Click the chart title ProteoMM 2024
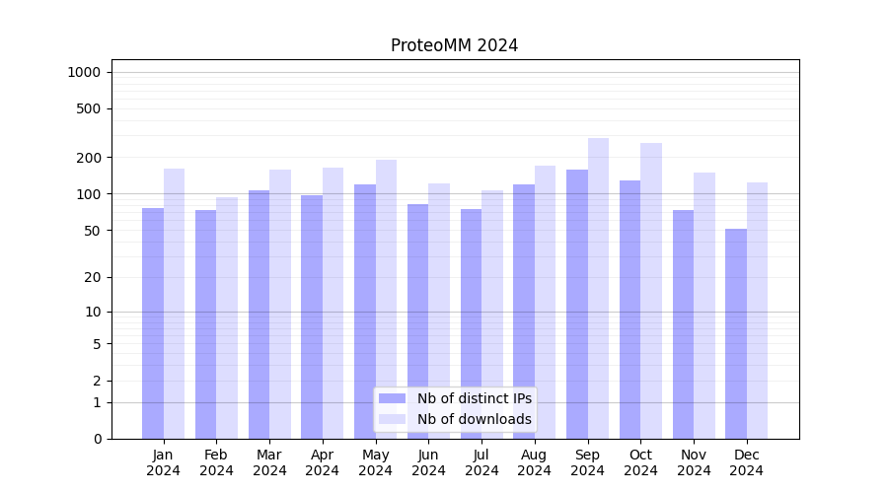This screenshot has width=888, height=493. click(x=454, y=45)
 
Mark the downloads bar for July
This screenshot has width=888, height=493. click(x=492, y=315)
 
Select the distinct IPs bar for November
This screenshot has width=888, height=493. click(x=683, y=324)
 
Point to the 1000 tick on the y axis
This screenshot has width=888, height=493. click(x=84, y=72)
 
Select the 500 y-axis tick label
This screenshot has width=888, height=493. click(x=88, y=108)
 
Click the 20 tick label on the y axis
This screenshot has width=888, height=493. click(x=92, y=277)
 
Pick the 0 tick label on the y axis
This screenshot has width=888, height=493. click(x=97, y=439)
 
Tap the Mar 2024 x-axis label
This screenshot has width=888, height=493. click(x=269, y=462)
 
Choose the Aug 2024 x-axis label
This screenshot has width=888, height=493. click(x=535, y=462)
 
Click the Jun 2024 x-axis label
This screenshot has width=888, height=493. click(x=428, y=462)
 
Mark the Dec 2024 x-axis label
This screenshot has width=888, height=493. click(x=747, y=462)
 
